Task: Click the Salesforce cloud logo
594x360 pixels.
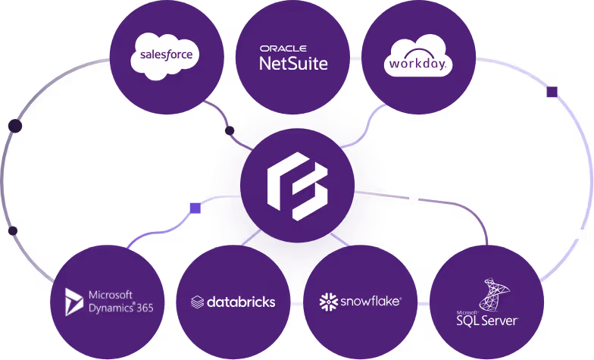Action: coord(164,56)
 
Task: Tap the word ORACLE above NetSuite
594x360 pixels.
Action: coord(283,49)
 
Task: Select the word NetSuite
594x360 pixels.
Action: coord(293,64)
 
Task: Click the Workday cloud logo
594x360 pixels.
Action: coord(418,58)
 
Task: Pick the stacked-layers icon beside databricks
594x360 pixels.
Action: coord(197,302)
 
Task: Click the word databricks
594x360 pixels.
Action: coord(239,302)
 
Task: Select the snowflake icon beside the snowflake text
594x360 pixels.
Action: coord(328,302)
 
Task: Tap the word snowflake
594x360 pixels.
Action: coord(369,302)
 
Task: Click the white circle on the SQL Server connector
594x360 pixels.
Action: coord(414,199)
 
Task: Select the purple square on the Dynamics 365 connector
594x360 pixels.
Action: coord(195,208)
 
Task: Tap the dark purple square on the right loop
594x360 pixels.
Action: coord(552,92)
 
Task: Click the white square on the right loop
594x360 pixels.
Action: coord(580,234)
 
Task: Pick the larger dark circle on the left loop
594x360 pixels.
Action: coord(14,126)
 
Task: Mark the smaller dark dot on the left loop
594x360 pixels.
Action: coord(12,230)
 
